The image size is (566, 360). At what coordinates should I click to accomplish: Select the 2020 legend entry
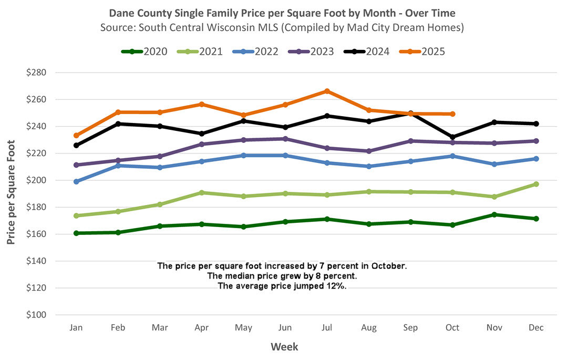coord(146,52)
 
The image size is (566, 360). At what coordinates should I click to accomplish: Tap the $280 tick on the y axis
coord(37,73)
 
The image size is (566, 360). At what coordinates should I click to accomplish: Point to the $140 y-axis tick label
coord(37,261)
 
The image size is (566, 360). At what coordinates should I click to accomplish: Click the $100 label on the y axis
coord(37,315)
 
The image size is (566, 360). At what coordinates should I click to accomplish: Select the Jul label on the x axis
coord(327,327)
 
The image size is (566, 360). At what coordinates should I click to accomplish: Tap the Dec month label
coord(536,327)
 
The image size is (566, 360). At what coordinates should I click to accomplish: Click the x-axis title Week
coord(284,347)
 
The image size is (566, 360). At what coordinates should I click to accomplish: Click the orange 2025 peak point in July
coord(327,91)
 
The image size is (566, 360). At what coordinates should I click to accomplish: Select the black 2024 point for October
coord(452,137)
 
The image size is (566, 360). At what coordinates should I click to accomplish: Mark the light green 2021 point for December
coord(536,184)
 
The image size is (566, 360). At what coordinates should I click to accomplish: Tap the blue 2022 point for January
coord(77,181)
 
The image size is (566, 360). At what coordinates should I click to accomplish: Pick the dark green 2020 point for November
coord(494,214)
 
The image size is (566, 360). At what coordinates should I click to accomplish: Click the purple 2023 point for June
coord(285,139)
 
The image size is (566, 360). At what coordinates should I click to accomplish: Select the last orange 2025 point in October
coord(452,114)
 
